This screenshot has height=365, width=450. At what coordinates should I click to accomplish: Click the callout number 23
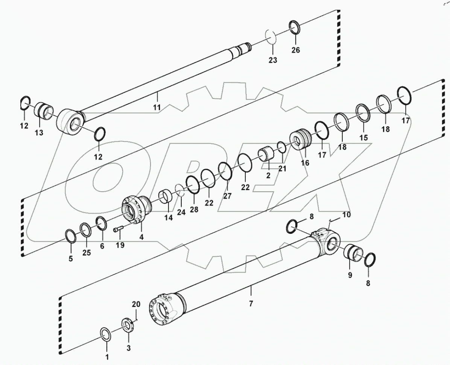click(x=272, y=60)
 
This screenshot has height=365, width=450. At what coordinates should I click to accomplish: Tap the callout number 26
click(x=296, y=50)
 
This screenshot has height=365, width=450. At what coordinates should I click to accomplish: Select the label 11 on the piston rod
click(x=157, y=107)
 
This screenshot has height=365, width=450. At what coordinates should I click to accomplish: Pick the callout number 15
click(x=363, y=138)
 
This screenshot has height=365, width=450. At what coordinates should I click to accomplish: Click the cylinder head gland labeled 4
click(x=135, y=209)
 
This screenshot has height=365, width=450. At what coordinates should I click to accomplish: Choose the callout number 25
click(x=87, y=253)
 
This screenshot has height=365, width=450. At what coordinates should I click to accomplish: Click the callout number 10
click(x=346, y=215)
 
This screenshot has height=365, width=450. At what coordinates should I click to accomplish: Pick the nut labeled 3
click(x=128, y=324)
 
